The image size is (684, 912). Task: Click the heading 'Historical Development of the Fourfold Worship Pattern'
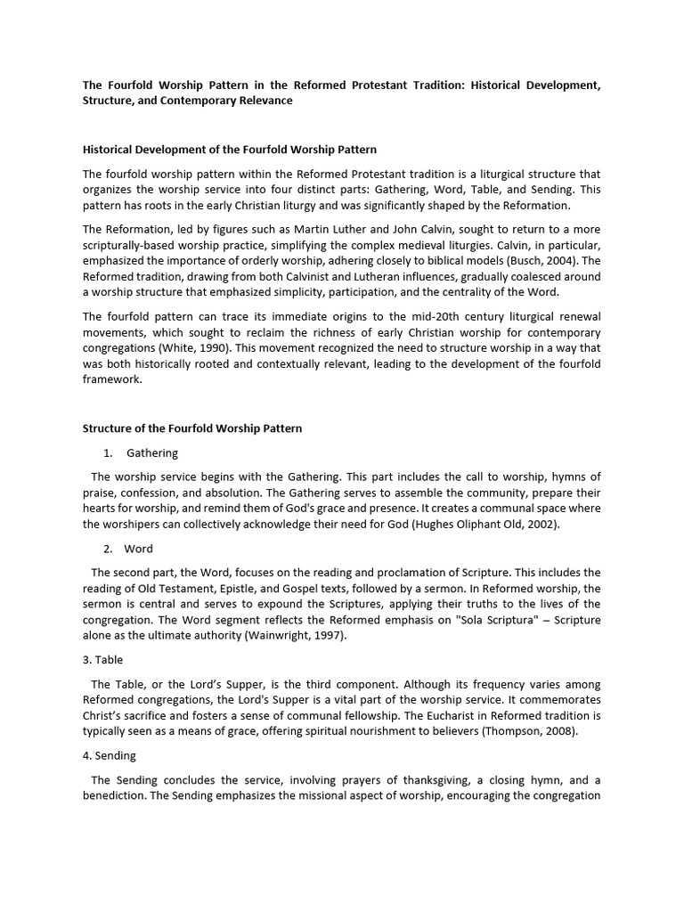tap(230, 149)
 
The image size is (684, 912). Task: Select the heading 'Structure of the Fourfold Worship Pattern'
tap(192, 428)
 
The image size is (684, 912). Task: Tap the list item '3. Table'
tap(103, 660)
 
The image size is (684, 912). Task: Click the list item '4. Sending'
tap(110, 755)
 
